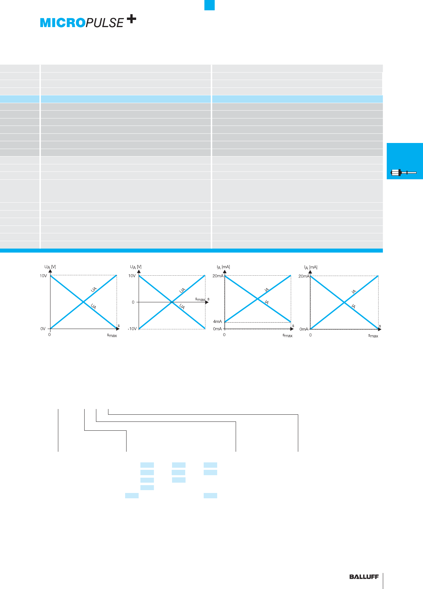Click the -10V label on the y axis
(132, 329)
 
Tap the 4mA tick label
(217, 322)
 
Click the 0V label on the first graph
(43, 329)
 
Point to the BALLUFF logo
(364, 577)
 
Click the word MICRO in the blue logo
(63, 23)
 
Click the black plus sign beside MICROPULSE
(131, 19)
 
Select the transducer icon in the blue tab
(403, 173)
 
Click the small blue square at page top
(209, 5)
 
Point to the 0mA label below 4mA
(217, 329)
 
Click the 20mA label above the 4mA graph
(218, 276)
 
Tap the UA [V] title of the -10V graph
(135, 267)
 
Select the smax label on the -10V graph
(200, 299)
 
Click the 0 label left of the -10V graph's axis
(133, 302)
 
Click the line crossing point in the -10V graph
(172, 302)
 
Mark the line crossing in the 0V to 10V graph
(84, 302)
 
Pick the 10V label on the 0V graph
(43, 276)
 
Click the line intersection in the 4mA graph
(258, 299)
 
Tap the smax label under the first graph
(112, 335)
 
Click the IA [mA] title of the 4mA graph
(223, 267)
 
